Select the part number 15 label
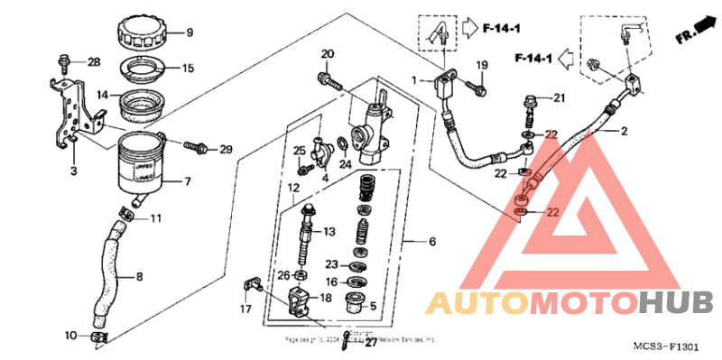coord(188,69)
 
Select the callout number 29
coord(226,149)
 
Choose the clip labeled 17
coord(251,288)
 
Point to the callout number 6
coord(432,242)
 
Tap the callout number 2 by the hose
coord(623,131)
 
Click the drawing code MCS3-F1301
coord(666,346)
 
